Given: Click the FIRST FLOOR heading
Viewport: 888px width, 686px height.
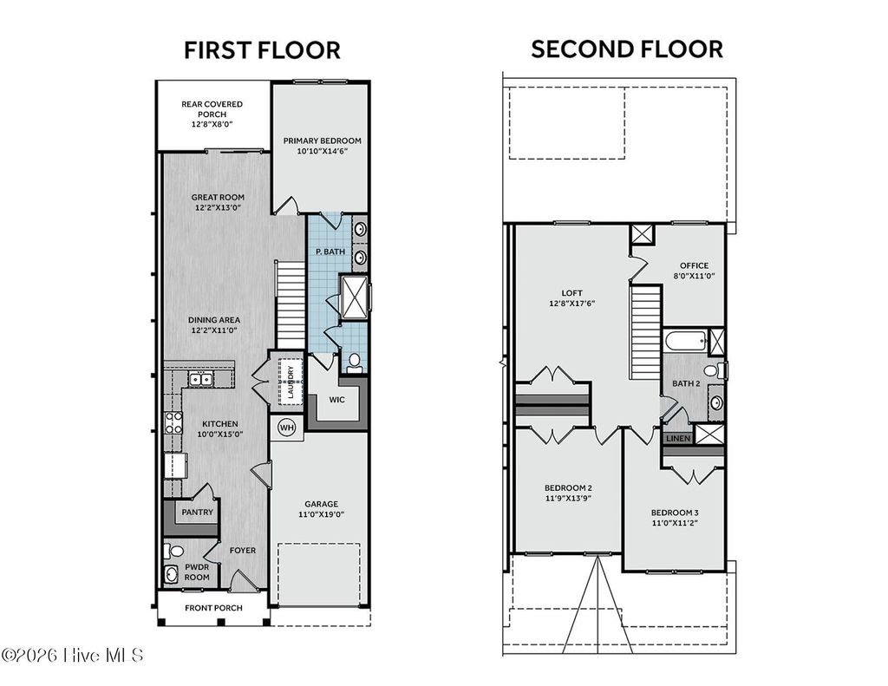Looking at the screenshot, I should point(262,50).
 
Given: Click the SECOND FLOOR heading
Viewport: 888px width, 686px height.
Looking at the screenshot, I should point(626,49).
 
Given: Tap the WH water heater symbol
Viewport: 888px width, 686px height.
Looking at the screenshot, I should point(285,426).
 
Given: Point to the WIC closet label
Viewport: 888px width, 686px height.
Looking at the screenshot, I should point(337,401).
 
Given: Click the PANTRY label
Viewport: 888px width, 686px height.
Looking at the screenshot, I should point(197,512).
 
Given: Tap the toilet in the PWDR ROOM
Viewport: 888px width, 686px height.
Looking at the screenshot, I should point(173,551).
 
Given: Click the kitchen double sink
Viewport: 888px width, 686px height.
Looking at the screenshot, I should point(201,379).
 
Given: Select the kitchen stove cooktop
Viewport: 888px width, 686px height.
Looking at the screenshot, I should point(173,422).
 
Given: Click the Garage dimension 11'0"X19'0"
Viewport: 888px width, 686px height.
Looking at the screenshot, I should point(321,514).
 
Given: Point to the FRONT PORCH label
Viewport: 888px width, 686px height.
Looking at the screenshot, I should point(213,608).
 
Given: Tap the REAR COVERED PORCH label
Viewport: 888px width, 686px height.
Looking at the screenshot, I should point(212,114).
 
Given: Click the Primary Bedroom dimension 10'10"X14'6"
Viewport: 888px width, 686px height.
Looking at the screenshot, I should point(322,151).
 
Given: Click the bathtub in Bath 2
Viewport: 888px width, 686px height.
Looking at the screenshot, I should point(685,341).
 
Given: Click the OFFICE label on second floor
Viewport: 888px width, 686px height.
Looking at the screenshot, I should point(694,266).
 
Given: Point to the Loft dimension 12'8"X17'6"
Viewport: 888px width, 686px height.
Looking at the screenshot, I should point(571,304).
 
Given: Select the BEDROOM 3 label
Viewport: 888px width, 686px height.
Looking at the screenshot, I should point(675,513).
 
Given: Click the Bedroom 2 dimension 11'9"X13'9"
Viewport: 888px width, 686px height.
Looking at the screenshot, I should point(568,499).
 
